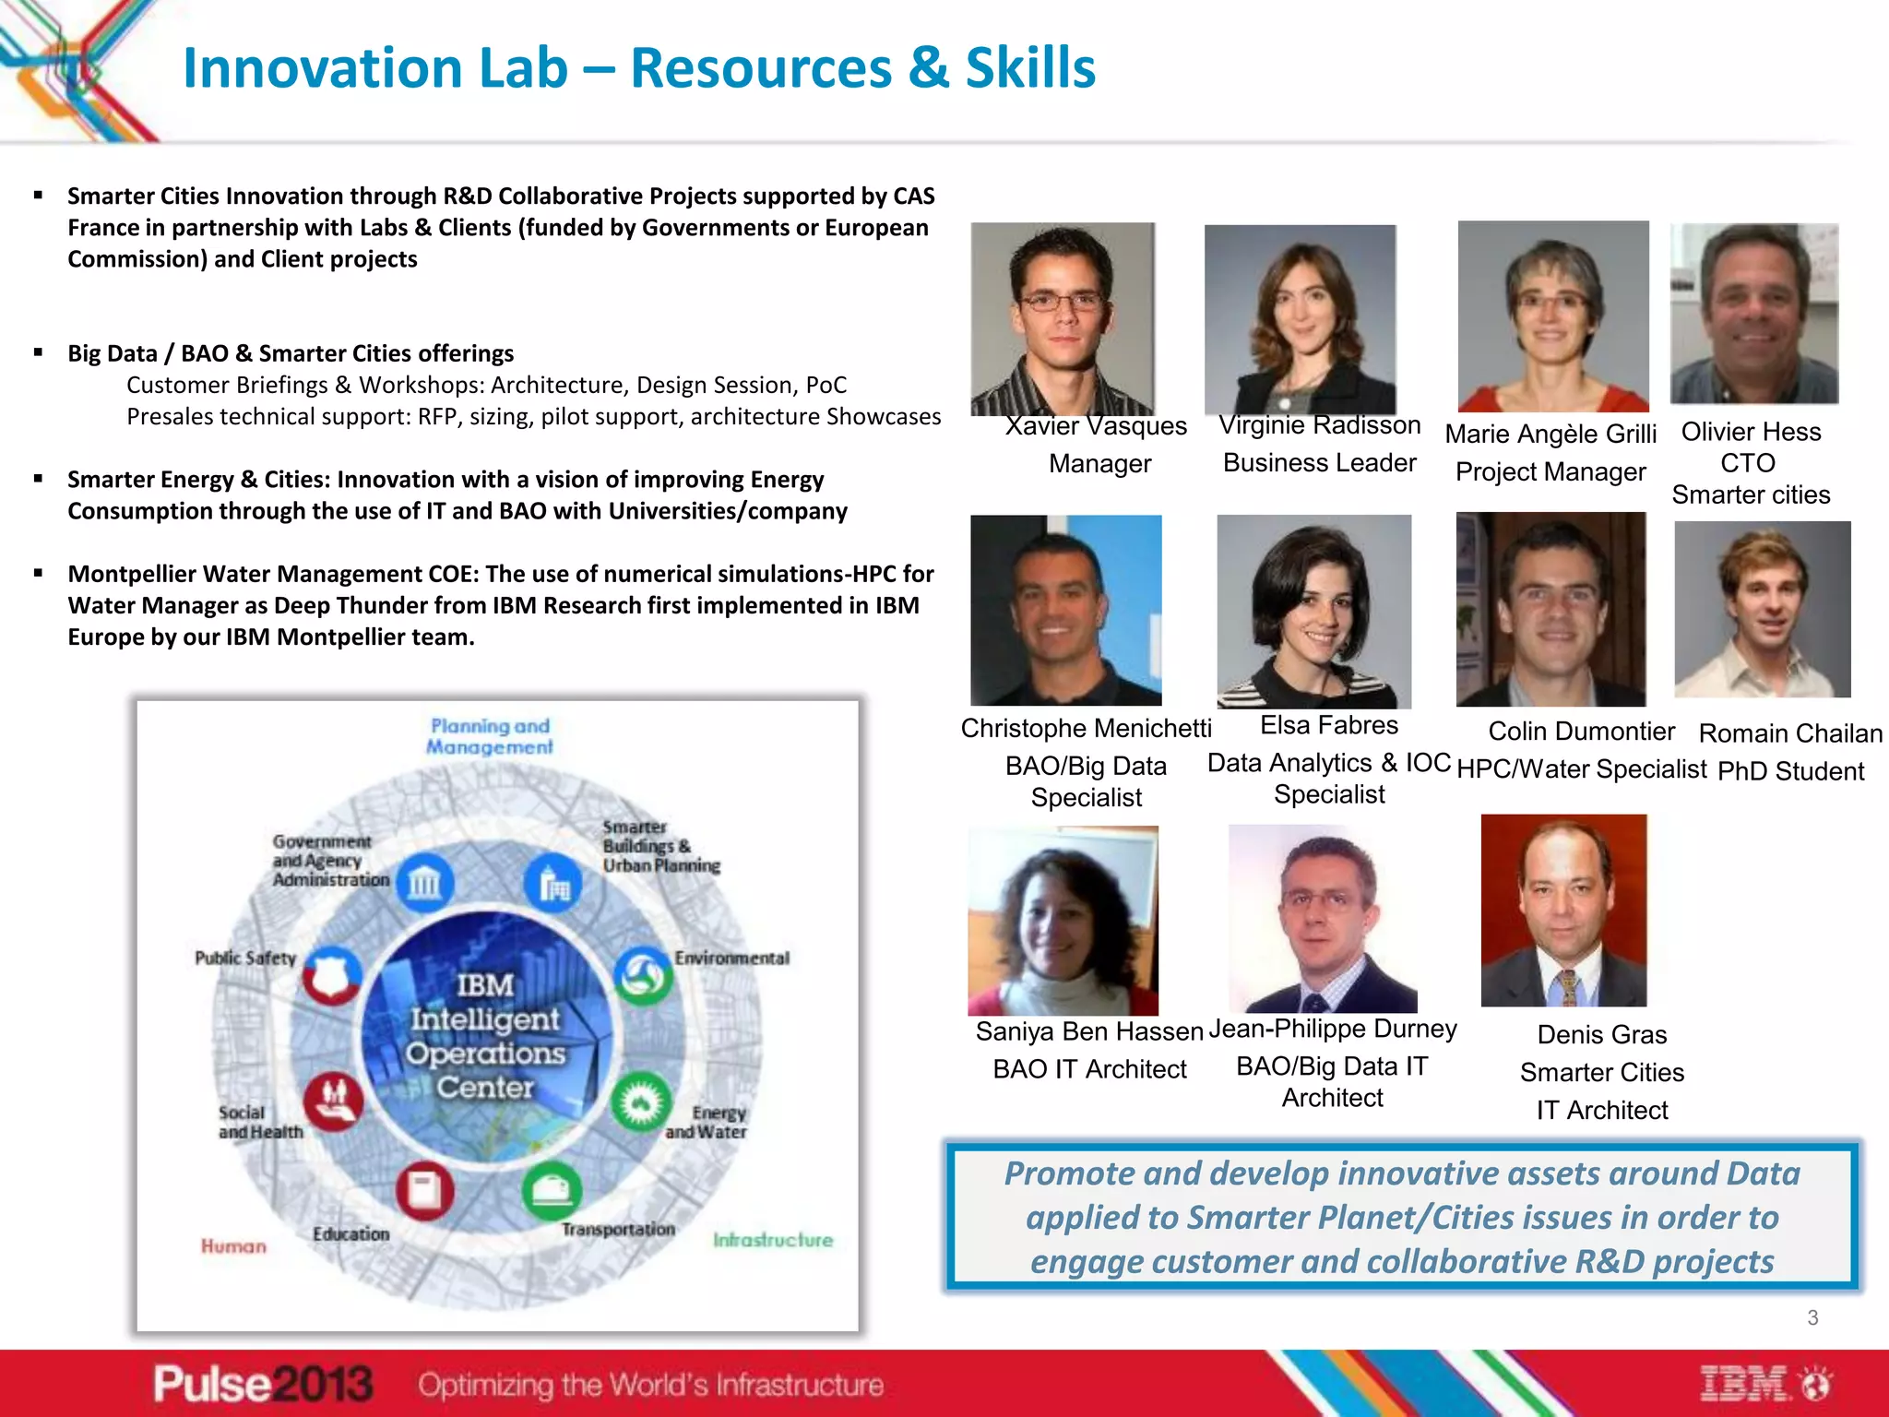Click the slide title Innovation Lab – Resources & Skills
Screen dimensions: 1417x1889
click(x=638, y=68)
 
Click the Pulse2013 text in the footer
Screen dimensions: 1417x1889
click(x=263, y=1384)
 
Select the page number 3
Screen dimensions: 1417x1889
click(x=1812, y=1317)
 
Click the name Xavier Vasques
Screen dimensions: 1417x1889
click(x=1096, y=426)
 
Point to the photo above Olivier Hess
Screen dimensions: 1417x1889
click(x=1753, y=314)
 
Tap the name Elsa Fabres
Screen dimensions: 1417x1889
click(x=1328, y=725)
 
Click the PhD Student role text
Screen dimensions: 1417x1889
click(x=1790, y=771)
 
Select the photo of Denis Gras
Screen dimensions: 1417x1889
click(x=1563, y=910)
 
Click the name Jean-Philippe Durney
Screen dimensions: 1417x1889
click(x=1332, y=1029)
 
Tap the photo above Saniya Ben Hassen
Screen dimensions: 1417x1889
click(x=1063, y=921)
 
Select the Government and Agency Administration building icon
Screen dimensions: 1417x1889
click(x=424, y=883)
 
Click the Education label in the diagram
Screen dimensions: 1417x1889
click(x=350, y=1233)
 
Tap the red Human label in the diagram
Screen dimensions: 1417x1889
click(x=233, y=1246)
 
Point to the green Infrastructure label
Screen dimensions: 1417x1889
click(x=772, y=1240)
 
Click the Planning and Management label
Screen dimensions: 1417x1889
click(x=490, y=736)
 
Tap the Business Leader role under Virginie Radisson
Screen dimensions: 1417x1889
click(x=1319, y=463)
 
